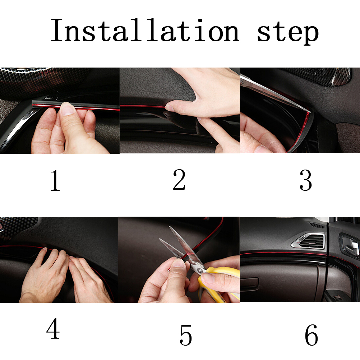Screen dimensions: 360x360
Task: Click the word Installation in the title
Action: click(x=145, y=30)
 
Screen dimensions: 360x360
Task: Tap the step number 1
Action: click(x=55, y=180)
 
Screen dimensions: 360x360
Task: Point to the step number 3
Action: click(x=306, y=180)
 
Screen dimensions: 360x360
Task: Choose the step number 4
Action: click(x=53, y=328)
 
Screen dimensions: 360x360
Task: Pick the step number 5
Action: click(x=185, y=335)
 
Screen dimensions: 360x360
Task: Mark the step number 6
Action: click(x=311, y=335)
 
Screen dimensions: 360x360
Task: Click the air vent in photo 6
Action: click(x=309, y=241)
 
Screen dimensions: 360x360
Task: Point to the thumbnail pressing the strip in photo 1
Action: click(x=67, y=109)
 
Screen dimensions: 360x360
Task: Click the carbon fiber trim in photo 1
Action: click(x=34, y=80)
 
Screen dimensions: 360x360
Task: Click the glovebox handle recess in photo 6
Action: click(x=249, y=283)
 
